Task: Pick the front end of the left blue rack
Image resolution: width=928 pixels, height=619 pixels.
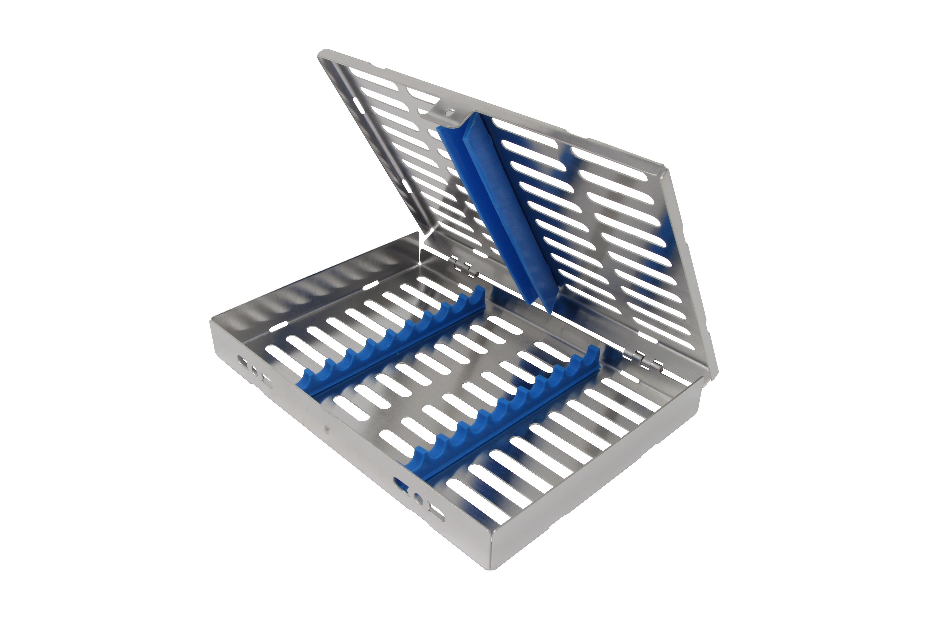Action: click(x=304, y=389)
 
